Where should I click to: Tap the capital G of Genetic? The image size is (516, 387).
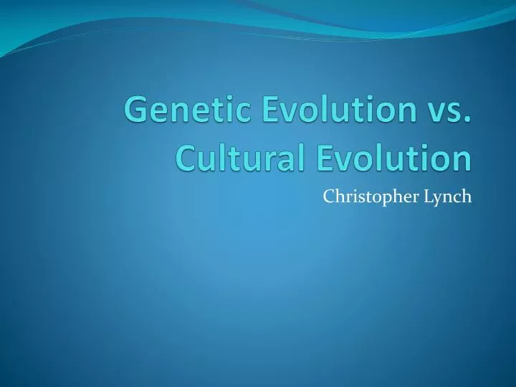(x=134, y=113)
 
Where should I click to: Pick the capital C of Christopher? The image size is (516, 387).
(x=328, y=196)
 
